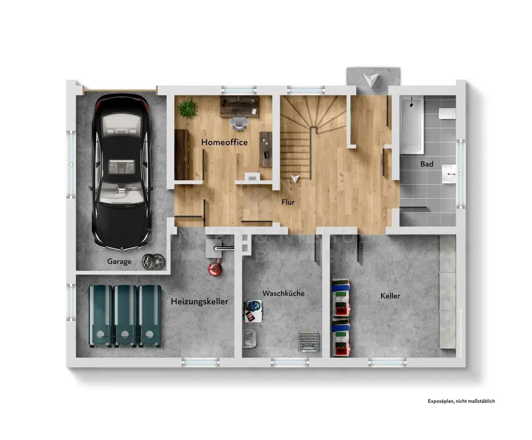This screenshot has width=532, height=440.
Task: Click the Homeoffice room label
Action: (x=224, y=142)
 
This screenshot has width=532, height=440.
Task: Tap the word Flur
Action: (x=288, y=202)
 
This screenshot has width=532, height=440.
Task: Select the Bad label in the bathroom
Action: (x=427, y=164)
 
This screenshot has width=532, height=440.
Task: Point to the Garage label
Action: (x=119, y=262)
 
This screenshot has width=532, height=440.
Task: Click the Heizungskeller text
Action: (x=199, y=301)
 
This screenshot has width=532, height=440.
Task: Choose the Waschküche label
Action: (x=283, y=294)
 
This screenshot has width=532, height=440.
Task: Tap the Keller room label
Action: (x=390, y=296)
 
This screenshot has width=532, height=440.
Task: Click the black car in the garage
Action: (x=121, y=171)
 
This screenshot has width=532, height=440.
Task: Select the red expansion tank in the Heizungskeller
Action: (x=213, y=269)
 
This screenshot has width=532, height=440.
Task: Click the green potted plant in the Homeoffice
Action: (x=187, y=109)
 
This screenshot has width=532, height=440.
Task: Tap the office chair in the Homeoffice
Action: (x=239, y=124)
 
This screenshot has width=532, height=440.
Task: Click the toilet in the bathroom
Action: (x=446, y=114)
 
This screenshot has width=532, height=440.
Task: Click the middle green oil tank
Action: (x=125, y=315)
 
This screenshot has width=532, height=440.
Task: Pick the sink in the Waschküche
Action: (x=249, y=338)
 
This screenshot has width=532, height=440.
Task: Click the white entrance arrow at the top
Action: (x=371, y=79)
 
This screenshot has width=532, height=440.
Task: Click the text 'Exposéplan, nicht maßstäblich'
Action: (x=461, y=401)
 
